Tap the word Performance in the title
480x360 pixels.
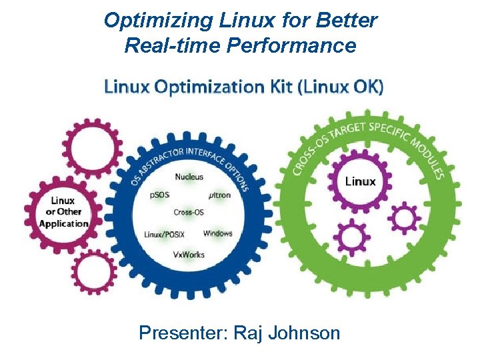301,45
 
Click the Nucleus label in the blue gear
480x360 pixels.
189,177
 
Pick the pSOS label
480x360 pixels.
161,195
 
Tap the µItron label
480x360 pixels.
219,195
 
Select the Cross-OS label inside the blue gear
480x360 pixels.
189,213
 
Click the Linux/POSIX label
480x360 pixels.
164,234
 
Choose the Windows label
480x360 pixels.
218,233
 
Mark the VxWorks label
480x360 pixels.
189,255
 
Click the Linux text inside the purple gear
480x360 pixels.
360,181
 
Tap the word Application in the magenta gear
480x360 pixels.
64,223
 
